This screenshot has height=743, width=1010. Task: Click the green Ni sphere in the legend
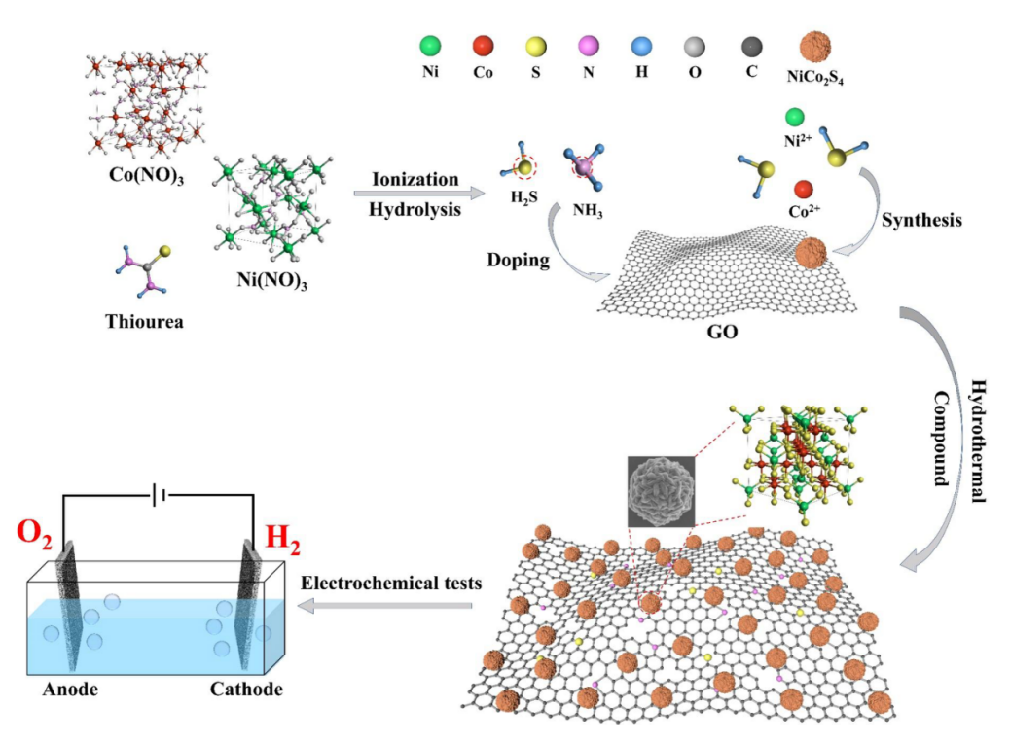pos(430,46)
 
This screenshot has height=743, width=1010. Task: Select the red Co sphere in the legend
pos(484,46)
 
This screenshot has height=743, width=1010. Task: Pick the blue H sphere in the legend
pos(641,46)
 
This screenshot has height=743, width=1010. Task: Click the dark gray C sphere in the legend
pos(752,46)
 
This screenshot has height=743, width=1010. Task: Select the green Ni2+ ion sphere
pos(794,119)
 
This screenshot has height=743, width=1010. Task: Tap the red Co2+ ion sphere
pos(803,187)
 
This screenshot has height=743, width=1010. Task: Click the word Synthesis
pos(920,220)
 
